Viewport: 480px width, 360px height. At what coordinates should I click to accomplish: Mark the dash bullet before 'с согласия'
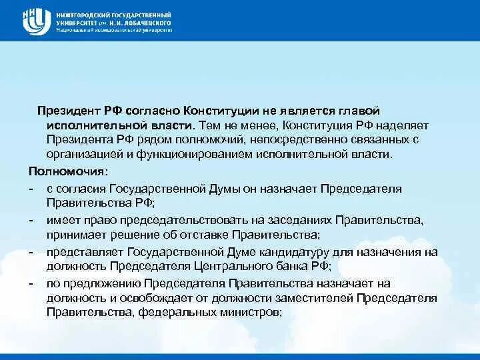point(31,189)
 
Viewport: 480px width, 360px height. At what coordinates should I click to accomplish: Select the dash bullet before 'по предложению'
point(31,283)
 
